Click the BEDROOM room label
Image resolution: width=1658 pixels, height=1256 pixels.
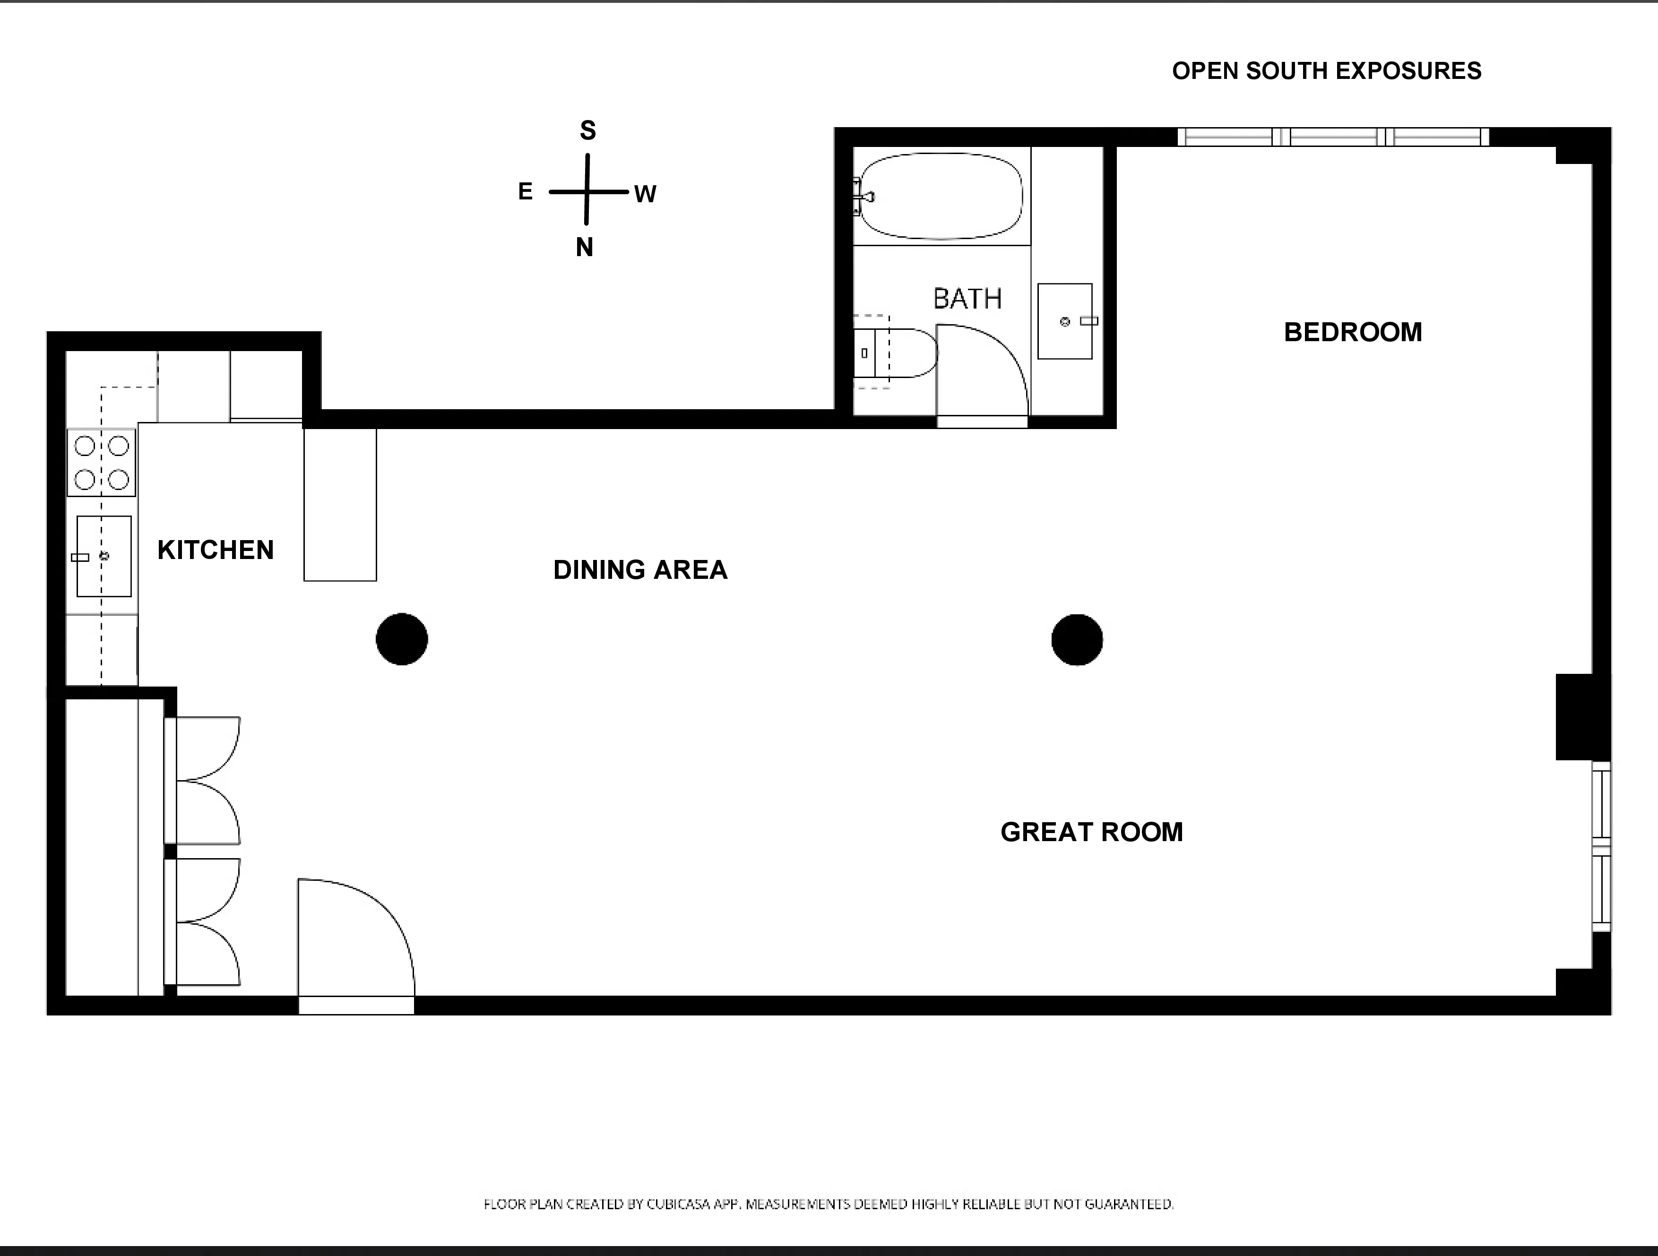coord(1353,332)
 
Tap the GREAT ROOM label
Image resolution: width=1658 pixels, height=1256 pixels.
coord(1091,832)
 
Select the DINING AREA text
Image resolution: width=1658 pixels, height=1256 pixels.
coord(640,569)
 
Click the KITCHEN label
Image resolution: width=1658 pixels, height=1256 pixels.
coord(216,550)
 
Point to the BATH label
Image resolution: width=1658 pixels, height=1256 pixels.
coord(967,299)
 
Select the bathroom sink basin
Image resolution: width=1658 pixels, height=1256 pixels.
coord(1064,321)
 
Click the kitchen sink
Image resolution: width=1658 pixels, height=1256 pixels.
coord(104,556)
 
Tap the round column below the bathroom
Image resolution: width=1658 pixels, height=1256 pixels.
coord(1077,639)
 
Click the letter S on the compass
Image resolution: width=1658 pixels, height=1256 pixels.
coord(587,130)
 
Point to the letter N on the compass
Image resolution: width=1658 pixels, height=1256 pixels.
coord(585,247)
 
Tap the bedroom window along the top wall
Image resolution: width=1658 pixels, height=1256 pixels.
coord(1333,137)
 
